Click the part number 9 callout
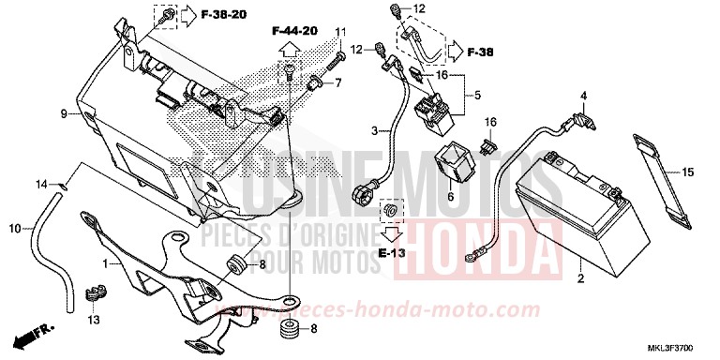click(65, 113)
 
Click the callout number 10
click(15, 228)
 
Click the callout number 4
click(582, 97)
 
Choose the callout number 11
click(339, 34)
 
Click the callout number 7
click(339, 82)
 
